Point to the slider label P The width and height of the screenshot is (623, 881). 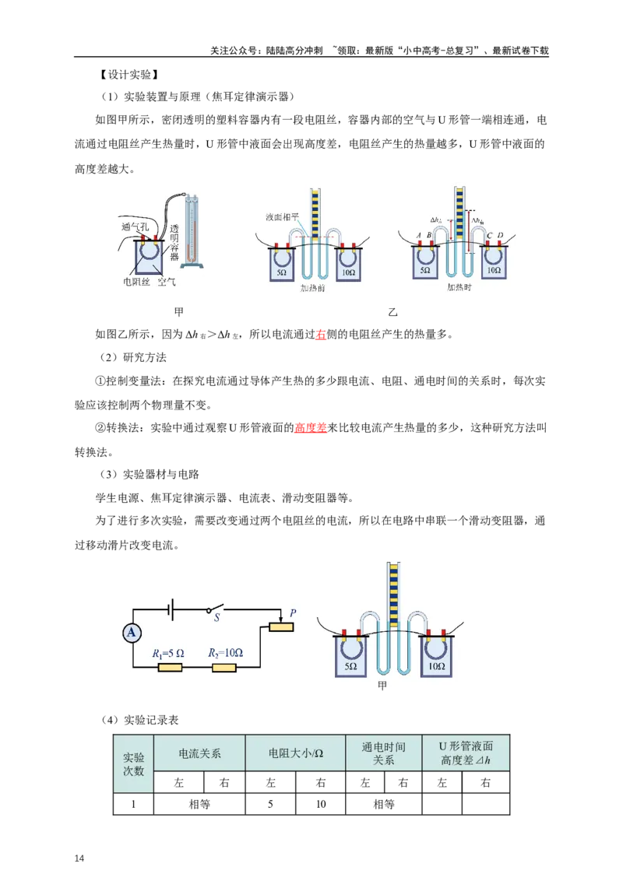[x=293, y=613]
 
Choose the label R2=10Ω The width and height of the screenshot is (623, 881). [x=225, y=653]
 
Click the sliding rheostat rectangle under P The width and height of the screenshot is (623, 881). [x=280, y=627]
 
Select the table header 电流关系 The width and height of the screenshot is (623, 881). [x=200, y=753]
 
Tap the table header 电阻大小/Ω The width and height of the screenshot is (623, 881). [x=295, y=753]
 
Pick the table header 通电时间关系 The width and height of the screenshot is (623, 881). [x=383, y=753]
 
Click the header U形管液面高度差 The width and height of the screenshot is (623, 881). [x=466, y=753]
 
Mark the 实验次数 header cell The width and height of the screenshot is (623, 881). [x=133, y=763]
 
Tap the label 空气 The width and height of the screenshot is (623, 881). [x=167, y=282]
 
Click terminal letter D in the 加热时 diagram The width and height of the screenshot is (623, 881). [x=501, y=236]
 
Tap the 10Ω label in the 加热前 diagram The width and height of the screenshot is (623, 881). [x=347, y=273]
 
